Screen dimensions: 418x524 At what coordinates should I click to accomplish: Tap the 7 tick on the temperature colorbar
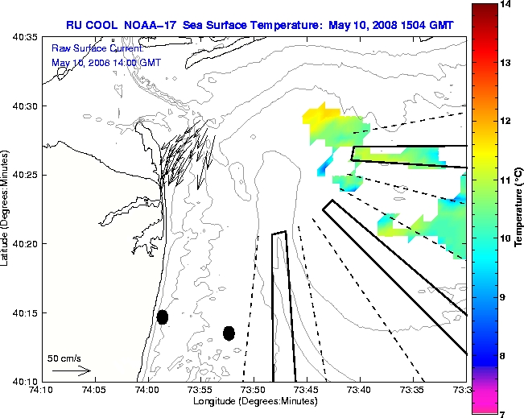coord(507,413)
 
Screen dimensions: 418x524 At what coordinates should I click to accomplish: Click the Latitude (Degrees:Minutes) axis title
coord(6,208)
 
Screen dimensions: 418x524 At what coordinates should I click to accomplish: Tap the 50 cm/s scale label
coord(64,358)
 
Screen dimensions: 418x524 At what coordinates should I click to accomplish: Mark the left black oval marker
coord(163,317)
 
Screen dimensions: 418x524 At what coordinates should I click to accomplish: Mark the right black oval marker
coord(229,333)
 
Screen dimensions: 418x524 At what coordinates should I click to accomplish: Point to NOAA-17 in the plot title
coord(146,26)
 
